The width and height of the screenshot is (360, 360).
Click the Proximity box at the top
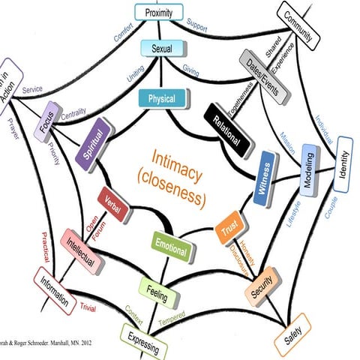[x=159, y=12]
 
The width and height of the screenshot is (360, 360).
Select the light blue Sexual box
[x=158, y=49]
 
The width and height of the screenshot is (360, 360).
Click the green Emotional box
[x=170, y=245]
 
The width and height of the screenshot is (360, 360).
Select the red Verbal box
[x=115, y=205]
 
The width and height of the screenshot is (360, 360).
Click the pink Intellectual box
[x=81, y=249]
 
